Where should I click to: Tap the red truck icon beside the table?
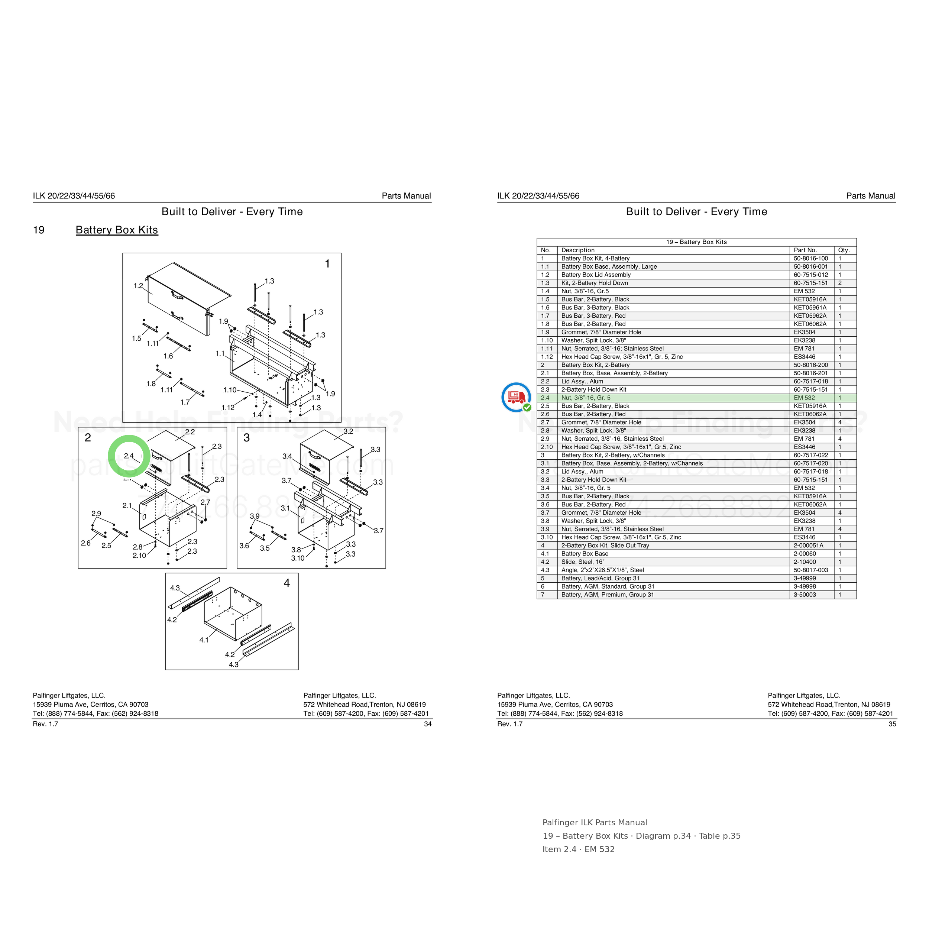coord(515,397)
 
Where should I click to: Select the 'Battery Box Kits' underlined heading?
coord(117,230)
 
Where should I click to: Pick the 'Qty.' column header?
coord(844,250)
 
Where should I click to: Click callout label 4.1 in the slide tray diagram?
coord(204,640)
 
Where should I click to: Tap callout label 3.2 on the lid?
coord(348,431)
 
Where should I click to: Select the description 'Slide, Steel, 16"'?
coord(583,561)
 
